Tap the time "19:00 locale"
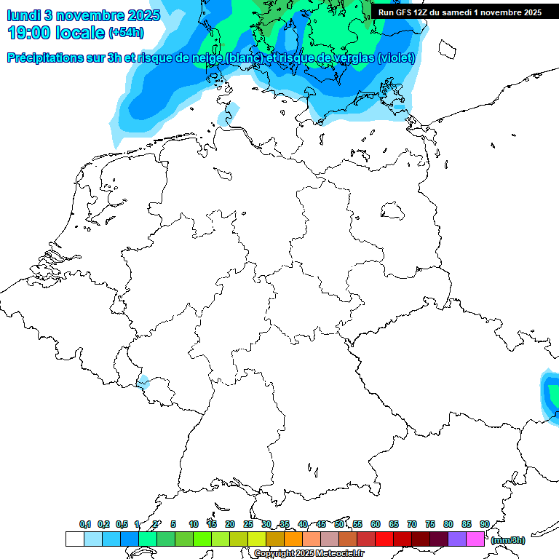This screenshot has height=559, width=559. (56, 33)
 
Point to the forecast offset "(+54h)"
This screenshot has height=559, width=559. (126, 33)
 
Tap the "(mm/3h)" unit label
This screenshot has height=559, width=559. (507, 540)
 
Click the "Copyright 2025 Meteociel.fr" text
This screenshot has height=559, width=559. (308, 554)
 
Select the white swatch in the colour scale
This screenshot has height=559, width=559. (74, 539)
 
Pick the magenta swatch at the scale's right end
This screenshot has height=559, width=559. (475, 539)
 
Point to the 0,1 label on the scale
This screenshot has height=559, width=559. (85, 525)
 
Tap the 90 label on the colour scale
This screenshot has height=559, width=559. (484, 525)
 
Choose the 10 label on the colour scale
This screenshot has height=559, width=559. (194, 525)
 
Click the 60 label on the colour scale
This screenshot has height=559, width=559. (376, 525)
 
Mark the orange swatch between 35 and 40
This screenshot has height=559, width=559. (293, 539)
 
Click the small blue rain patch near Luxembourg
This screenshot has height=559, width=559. (143, 382)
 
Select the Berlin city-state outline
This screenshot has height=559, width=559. (393, 210)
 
